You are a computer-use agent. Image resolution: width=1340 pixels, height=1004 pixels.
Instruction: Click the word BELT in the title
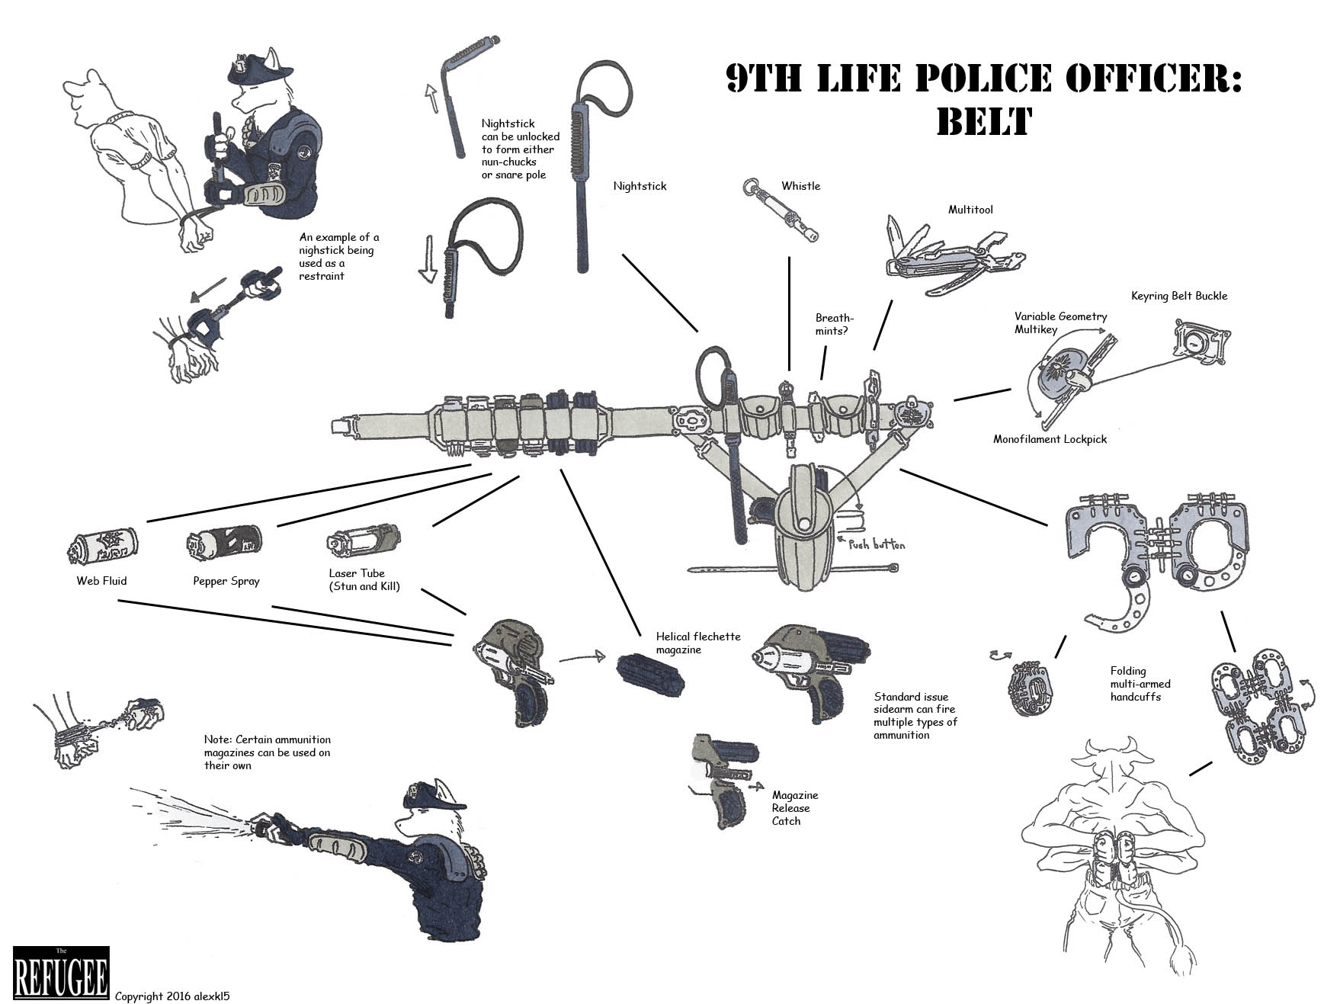coord(983,121)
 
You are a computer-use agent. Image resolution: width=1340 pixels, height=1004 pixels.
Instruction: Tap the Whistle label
coord(800,186)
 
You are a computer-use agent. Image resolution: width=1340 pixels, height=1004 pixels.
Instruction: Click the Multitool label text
coord(970,210)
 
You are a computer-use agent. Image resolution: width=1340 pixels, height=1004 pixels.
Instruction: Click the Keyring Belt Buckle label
coord(1179,296)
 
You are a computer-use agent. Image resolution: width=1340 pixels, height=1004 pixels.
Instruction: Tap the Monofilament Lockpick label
coord(1050,439)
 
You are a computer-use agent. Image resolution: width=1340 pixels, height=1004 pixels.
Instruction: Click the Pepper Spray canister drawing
coord(224,543)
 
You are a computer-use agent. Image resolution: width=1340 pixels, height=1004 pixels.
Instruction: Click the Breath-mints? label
coord(835,325)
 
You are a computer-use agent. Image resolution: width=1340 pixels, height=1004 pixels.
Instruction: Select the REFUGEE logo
coord(61,973)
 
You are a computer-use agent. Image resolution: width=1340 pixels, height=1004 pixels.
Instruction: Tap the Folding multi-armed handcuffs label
coord(1140,684)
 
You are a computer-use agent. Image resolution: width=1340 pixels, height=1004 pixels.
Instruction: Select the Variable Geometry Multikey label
coord(1060,322)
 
